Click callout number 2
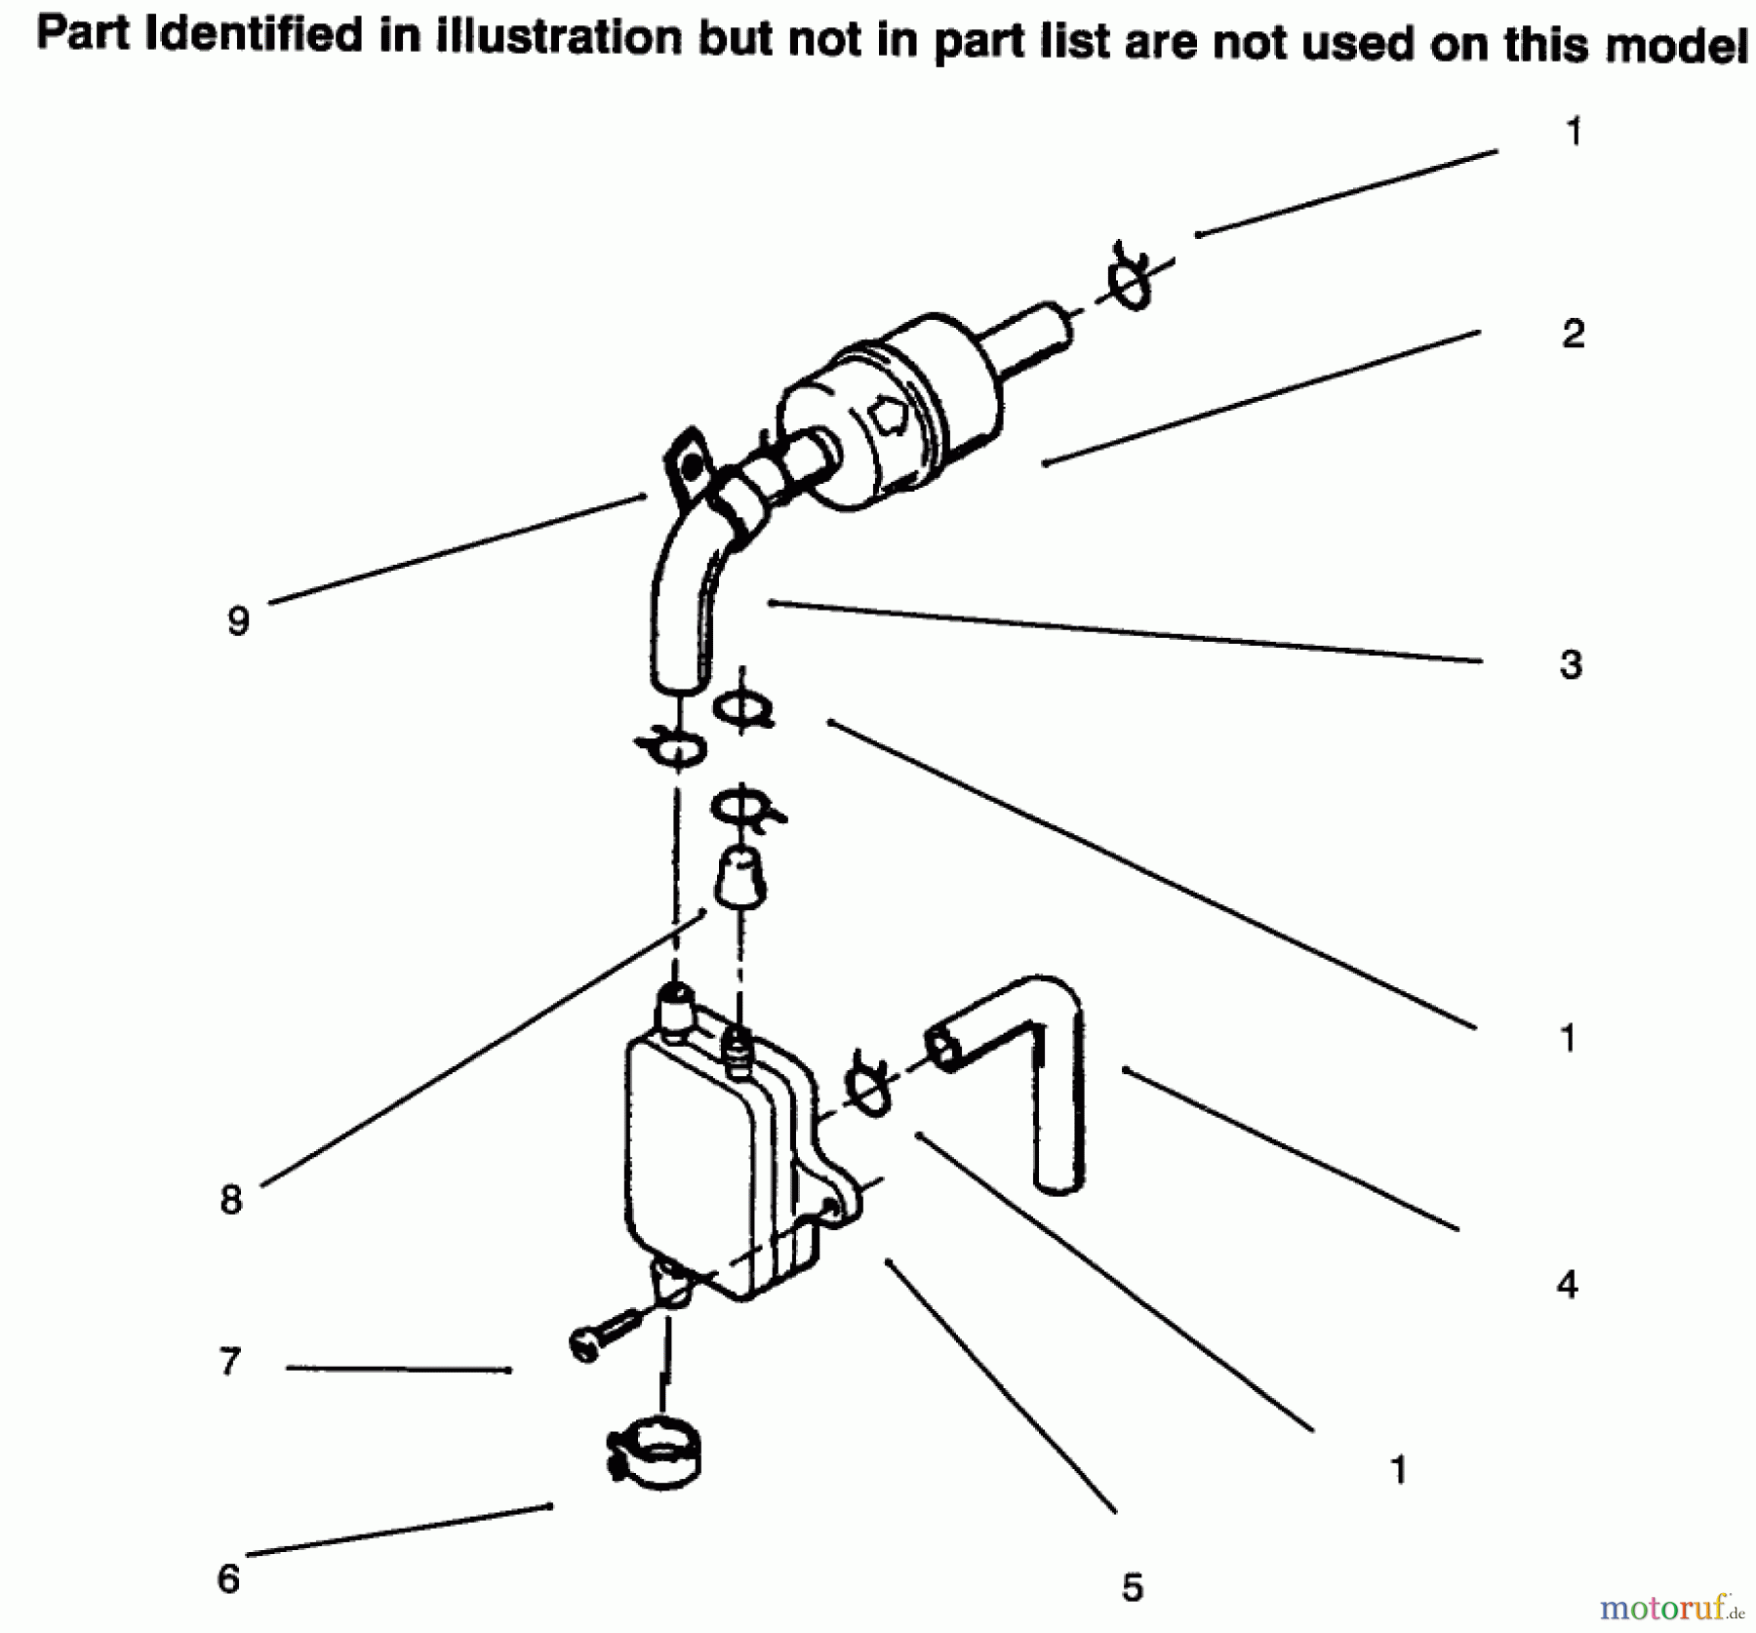1573,335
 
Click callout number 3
1570,664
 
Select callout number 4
1567,1285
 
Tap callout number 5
1132,1587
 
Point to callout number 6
228,1577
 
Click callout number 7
230,1361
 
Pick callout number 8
231,1199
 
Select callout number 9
238,620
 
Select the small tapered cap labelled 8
740,878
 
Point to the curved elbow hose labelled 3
683,605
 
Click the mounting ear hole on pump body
831,1209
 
